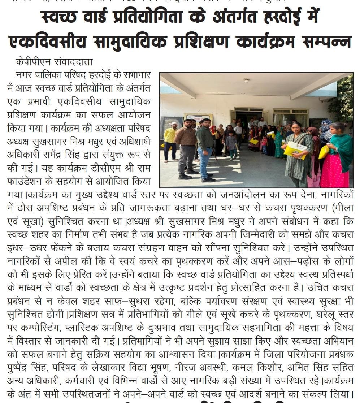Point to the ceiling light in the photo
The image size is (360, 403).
pos(246,81)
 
